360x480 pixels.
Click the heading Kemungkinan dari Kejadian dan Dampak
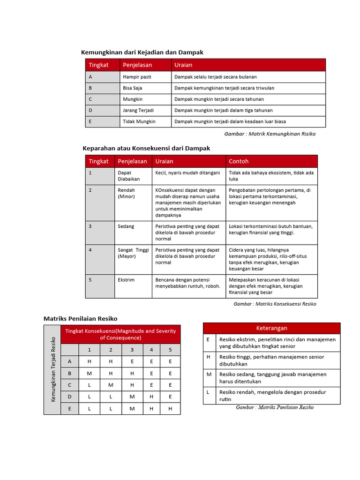(x=142, y=52)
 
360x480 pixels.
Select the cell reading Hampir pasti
(x=134, y=77)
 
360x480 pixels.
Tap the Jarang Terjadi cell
(x=138, y=111)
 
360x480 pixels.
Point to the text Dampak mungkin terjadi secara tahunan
(x=219, y=99)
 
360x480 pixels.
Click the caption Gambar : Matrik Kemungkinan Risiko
(x=270, y=134)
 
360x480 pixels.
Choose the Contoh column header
(x=239, y=161)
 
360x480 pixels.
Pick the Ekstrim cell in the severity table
(x=126, y=280)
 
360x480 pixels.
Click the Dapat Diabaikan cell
(x=125, y=176)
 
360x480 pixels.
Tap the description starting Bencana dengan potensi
(x=187, y=283)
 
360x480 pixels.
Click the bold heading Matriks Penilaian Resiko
(x=80, y=319)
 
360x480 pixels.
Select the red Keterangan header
(x=271, y=328)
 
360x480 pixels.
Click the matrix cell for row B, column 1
(x=89, y=374)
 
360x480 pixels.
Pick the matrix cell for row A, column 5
(x=170, y=361)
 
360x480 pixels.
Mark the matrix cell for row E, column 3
(x=132, y=409)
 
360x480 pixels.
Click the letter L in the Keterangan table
(x=208, y=392)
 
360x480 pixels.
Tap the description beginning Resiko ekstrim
(x=277, y=343)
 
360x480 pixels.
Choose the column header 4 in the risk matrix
(x=151, y=350)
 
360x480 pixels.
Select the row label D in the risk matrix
(x=70, y=397)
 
